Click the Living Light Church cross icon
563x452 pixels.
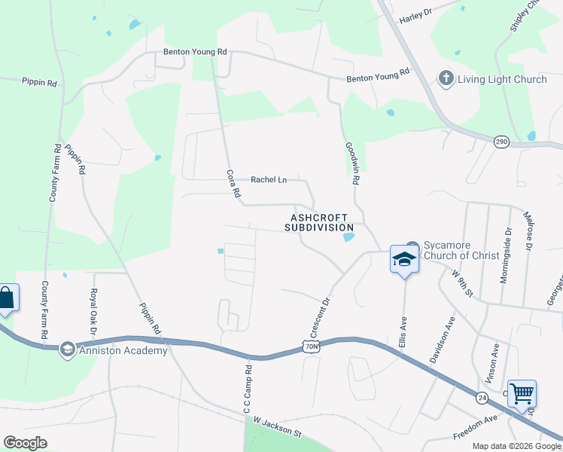tap(446, 79)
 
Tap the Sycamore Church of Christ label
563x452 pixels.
tap(462, 250)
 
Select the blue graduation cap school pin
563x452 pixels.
tap(404, 261)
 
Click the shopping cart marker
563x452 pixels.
tap(522, 393)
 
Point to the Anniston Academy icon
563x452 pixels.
tap(68, 349)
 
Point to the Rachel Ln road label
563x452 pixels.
tap(269, 180)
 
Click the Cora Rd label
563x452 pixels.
tap(233, 185)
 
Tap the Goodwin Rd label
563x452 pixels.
tap(350, 163)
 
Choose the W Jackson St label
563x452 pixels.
tap(277, 427)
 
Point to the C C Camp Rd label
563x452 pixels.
tap(247, 389)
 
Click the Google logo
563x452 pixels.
tap(25, 443)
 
